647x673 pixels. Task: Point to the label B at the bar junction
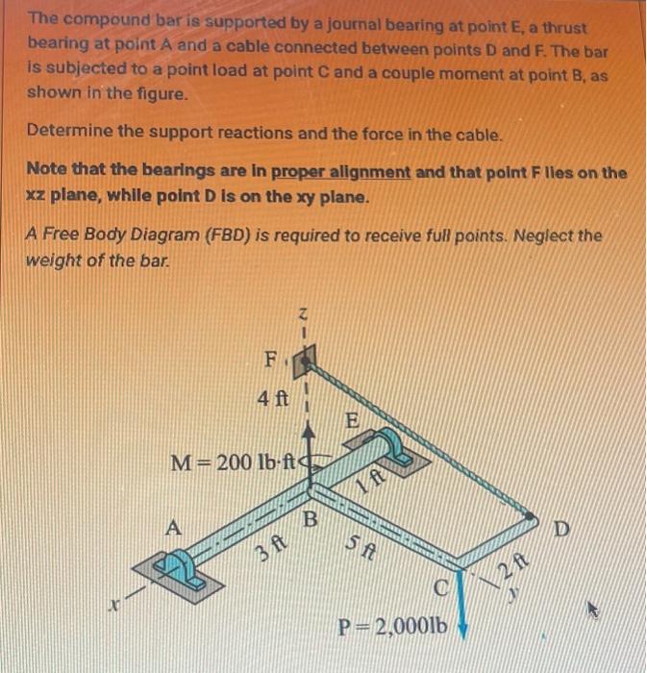(311, 520)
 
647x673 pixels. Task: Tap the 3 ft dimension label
(267, 551)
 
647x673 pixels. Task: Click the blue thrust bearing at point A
(185, 569)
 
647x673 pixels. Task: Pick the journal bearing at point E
(395, 449)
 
